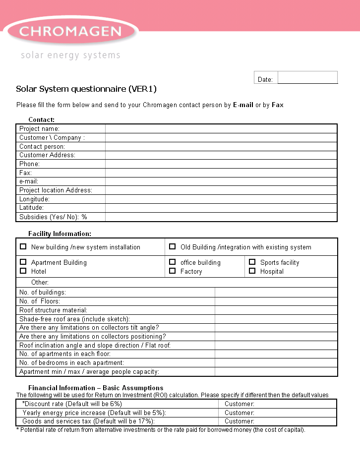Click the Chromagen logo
pyautogui.click(x=70, y=32)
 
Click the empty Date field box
pyautogui.click(x=307, y=78)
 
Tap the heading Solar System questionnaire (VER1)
pyautogui.click(x=86, y=89)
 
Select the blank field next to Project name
pyautogui.click(x=221, y=129)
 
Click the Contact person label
pyautogui.click(x=42, y=147)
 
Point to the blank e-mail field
pyautogui.click(x=221, y=181)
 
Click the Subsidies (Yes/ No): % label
pyautogui.click(x=53, y=217)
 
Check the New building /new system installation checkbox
pyautogui.click(x=23, y=246)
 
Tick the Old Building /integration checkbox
pyautogui.click(x=172, y=246)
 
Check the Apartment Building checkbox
pyautogui.click(x=23, y=262)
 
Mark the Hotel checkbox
pyautogui.click(x=23, y=271)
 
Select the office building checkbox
pyautogui.click(x=172, y=262)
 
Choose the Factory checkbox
pyautogui.click(x=172, y=271)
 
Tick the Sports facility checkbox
pyautogui.click(x=252, y=262)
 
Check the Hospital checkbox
pyautogui.click(x=252, y=271)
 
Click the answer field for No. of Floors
pyautogui.click(x=276, y=301)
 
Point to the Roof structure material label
pyautogui.click(x=53, y=310)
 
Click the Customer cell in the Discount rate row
pyautogui.click(x=277, y=404)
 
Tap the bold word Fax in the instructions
pyautogui.click(x=278, y=105)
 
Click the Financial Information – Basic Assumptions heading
pyautogui.click(x=96, y=388)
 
